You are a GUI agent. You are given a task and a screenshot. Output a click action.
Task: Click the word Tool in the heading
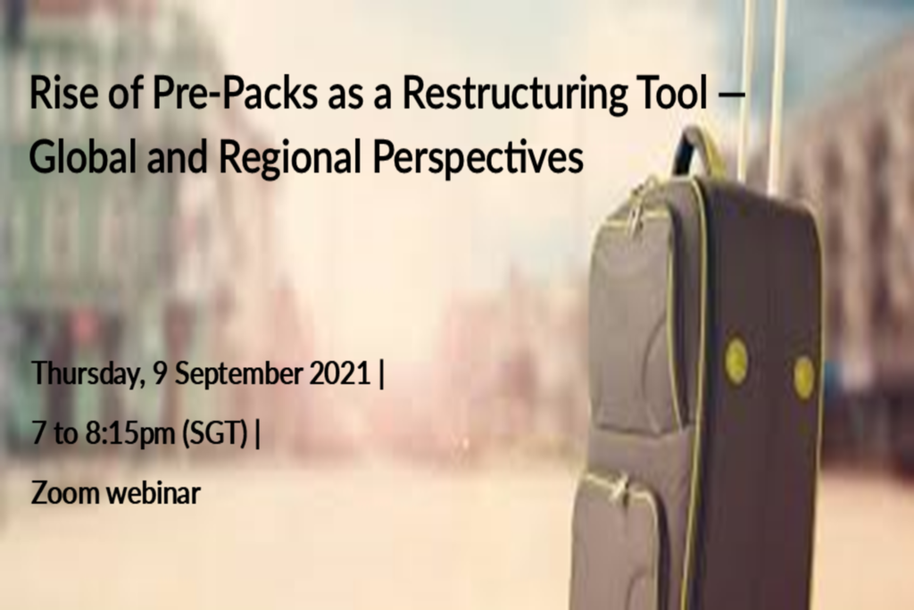point(673,92)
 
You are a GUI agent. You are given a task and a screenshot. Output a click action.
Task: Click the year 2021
point(340,373)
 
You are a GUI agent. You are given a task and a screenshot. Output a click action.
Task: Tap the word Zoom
point(65,493)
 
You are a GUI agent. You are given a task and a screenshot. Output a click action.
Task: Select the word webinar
point(154,493)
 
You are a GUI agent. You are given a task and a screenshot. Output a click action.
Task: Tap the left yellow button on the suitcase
point(736,361)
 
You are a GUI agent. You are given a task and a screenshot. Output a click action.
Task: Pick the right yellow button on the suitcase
point(804,377)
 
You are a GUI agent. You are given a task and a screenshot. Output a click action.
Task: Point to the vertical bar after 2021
point(381,374)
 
